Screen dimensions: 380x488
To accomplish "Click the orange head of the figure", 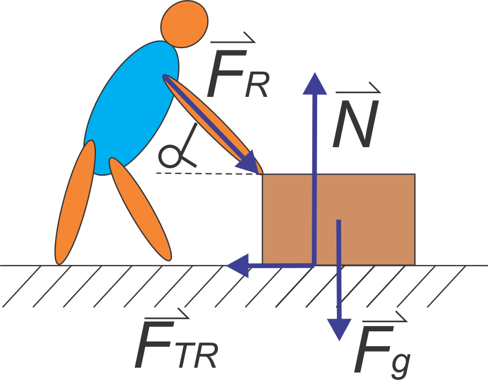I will [x=184, y=24].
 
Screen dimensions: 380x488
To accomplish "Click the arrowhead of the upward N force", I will [x=314, y=83].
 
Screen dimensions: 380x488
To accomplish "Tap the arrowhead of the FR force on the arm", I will [x=249, y=163].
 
